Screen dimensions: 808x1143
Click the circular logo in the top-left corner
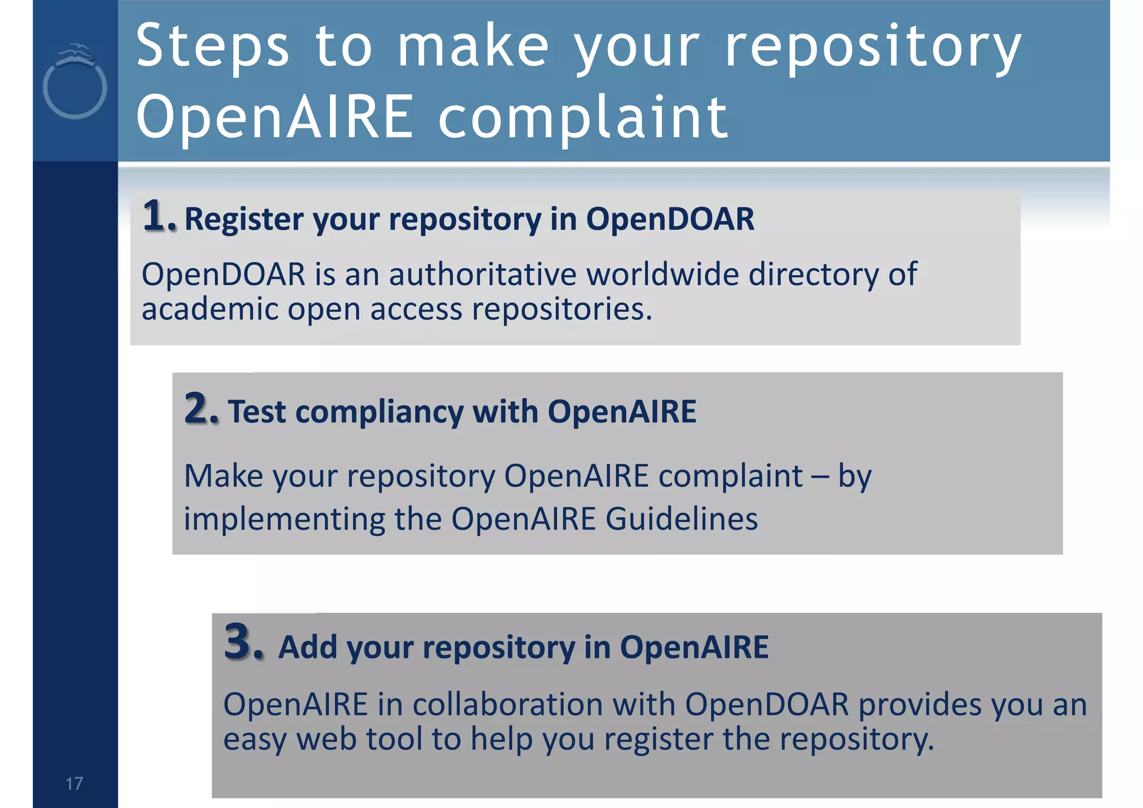[75, 84]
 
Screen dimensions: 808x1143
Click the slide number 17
[74, 783]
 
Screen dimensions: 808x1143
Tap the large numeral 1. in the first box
[159, 217]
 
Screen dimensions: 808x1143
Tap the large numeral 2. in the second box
[201, 409]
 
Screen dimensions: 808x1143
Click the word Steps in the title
[213, 47]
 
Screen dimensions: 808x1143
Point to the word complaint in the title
[583, 118]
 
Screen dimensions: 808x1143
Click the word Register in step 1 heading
[244, 219]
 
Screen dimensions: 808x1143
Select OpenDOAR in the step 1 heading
[670, 219]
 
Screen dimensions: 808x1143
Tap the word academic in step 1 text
[209, 309]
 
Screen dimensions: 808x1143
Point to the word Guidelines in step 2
[681, 519]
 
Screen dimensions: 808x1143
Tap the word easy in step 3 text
[254, 740]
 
